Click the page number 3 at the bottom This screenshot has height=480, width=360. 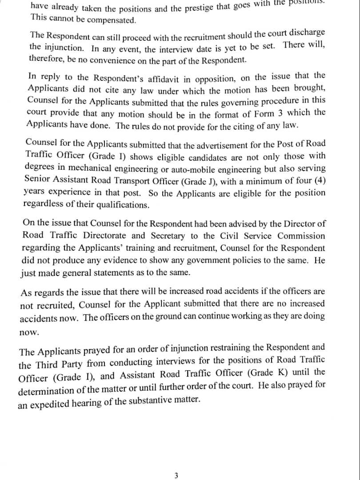(176, 476)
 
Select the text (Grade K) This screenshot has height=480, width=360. (266, 373)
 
